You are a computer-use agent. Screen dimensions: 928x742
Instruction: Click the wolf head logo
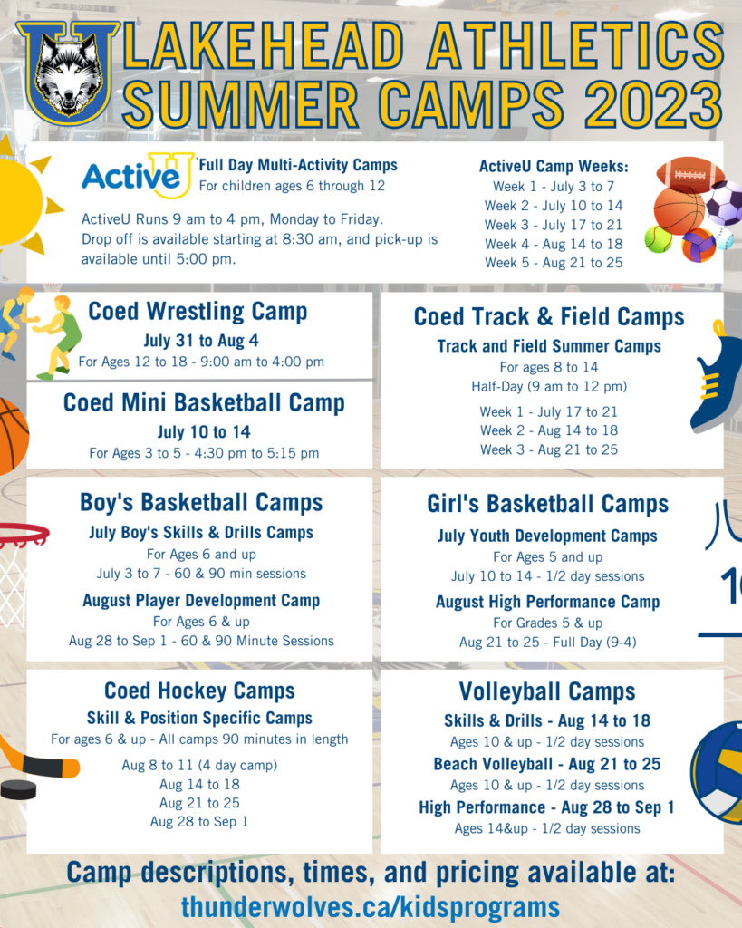68,72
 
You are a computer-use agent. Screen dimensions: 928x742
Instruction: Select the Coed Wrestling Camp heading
198,312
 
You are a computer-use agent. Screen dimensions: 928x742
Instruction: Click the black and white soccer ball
724,204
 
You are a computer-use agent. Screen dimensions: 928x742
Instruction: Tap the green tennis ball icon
659,239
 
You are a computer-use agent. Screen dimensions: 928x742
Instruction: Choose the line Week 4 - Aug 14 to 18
554,244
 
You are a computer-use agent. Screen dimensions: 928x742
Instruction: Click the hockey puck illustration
18,788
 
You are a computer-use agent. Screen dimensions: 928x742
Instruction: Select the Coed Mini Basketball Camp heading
204,402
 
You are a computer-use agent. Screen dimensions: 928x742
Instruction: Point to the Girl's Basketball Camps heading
547,504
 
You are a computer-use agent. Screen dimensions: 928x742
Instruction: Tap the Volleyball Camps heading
547,691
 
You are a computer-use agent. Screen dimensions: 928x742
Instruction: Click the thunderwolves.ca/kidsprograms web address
370,906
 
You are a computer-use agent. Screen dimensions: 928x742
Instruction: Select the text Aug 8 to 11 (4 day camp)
199,765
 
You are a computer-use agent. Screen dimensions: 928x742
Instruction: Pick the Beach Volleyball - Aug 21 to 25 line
547,764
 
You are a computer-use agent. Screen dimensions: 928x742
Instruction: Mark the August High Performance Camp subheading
547,602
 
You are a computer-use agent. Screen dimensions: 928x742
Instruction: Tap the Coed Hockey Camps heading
199,691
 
